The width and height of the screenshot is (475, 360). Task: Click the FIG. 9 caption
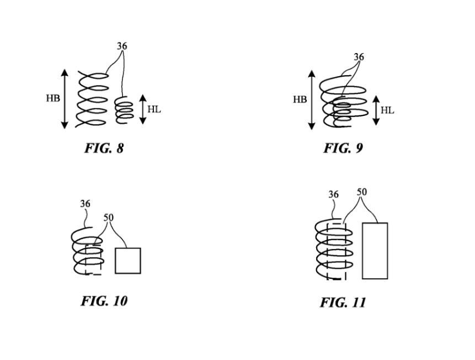pos(343,148)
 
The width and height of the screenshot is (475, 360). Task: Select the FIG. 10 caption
pos(104,300)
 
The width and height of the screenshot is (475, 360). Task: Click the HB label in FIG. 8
pos(53,99)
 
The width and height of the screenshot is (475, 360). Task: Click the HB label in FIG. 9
pos(300,100)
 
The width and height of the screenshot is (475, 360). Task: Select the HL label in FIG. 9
pos(387,110)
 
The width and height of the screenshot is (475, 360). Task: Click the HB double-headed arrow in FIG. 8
pos(65,99)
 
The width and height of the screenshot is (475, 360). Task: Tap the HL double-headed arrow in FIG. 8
pos(142,109)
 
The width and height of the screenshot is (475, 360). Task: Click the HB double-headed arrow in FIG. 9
pos(312,100)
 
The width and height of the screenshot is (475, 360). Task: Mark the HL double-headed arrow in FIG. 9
pos(376,110)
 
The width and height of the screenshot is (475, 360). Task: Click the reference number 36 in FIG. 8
pos(121,46)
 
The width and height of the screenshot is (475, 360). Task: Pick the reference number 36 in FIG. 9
pos(359,57)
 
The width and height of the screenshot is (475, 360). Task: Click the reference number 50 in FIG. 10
pos(109,217)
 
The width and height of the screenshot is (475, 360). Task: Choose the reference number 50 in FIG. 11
pos(361,192)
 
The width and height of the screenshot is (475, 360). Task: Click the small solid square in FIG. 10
pos(127,261)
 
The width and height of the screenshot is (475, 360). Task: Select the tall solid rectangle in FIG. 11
pos(375,251)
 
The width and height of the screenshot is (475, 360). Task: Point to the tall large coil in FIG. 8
pos(92,100)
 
